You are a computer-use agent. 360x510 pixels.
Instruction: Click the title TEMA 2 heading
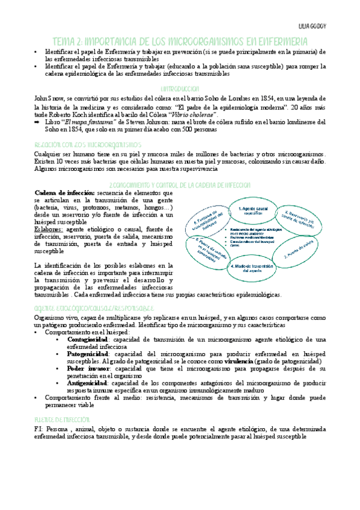(180, 41)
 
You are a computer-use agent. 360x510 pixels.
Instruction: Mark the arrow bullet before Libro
(38, 121)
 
